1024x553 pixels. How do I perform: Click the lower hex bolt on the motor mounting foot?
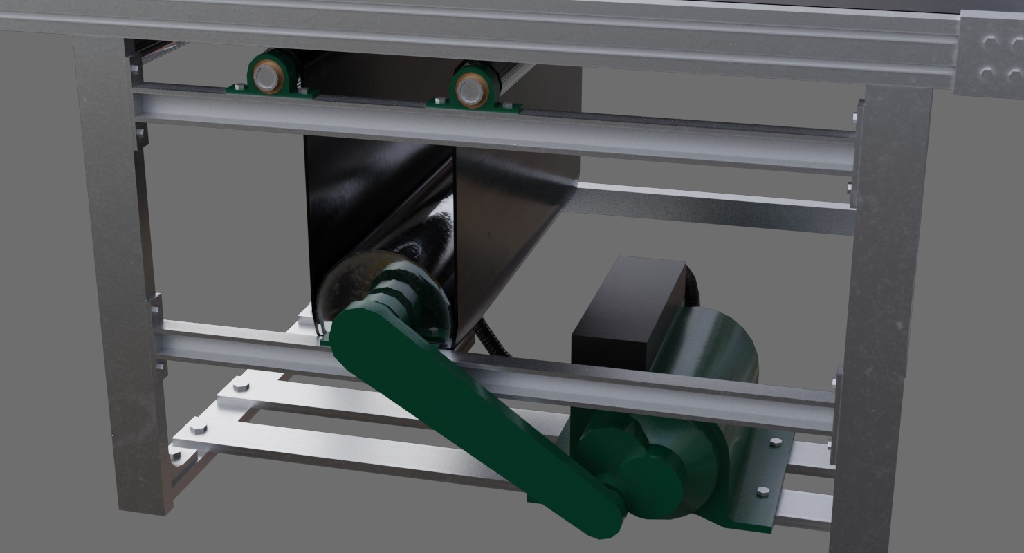tap(762, 492)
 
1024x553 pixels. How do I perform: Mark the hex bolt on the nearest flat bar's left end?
tap(196, 427)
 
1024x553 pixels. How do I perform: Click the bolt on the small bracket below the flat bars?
tap(174, 456)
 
